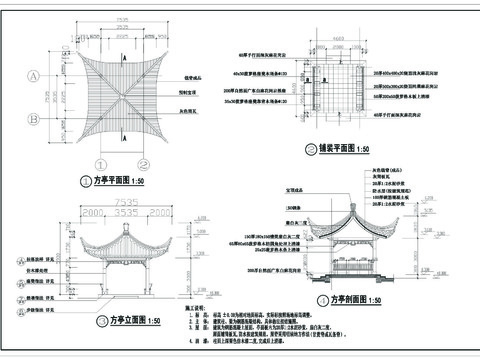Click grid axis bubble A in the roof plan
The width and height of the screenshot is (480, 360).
pyautogui.click(x=35, y=75)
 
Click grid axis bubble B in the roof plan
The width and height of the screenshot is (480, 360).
pyautogui.click(x=35, y=117)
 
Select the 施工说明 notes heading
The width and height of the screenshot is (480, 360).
pyautogui.click(x=197, y=310)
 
